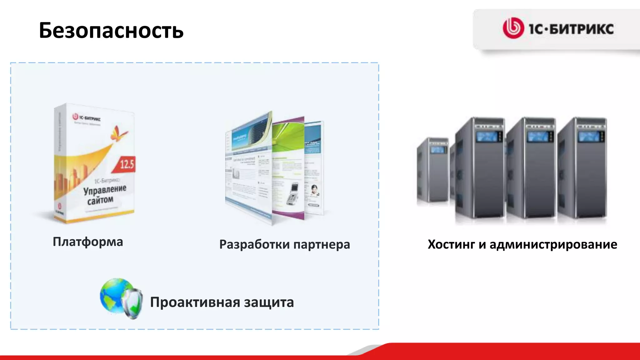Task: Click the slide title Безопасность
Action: click(x=111, y=31)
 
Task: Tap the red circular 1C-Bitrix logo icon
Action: click(x=513, y=28)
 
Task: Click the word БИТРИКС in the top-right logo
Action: click(x=581, y=29)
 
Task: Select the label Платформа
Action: click(x=88, y=242)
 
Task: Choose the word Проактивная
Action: click(x=195, y=302)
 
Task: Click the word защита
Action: click(x=269, y=302)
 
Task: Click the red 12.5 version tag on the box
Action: click(x=127, y=164)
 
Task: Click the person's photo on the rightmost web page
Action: click(x=314, y=190)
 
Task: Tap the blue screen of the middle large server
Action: click(x=537, y=137)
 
